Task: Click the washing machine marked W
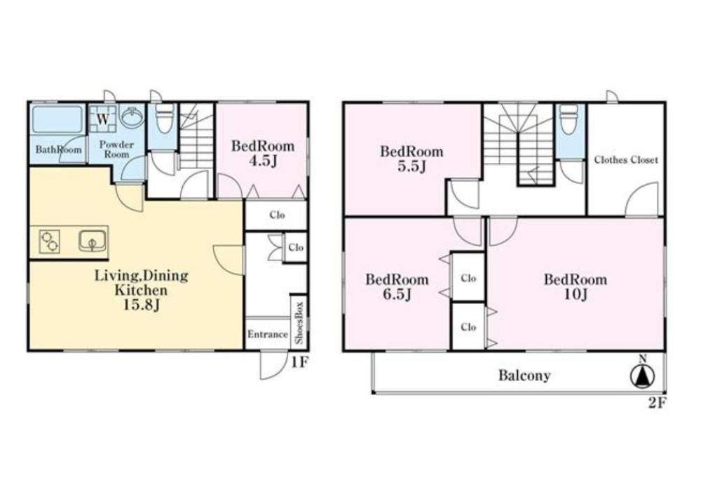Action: pos(103,119)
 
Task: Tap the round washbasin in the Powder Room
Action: pos(130,117)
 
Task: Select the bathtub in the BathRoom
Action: pos(57,119)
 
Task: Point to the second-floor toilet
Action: pos(569,119)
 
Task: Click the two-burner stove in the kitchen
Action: pos(49,242)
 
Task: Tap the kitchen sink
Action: pos(93,242)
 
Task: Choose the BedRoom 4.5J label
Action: pos(263,153)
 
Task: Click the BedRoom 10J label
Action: pos(576,287)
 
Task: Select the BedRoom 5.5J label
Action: pos(411,159)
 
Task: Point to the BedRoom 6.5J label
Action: pos(397,287)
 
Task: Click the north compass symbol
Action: pos(642,373)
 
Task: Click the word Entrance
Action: pos(267,335)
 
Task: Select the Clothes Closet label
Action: pos(626,160)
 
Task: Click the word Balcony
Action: pos(524,375)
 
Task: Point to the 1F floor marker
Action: pos(299,362)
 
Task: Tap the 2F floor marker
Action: pos(658,404)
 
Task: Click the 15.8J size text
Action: pos(142,305)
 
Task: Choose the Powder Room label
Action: pos(116,150)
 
